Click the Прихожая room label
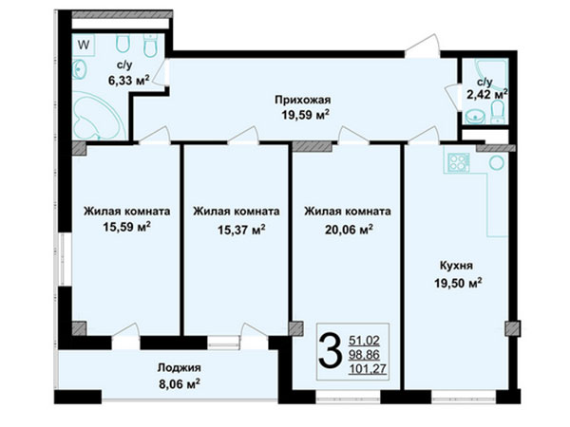point(302,100)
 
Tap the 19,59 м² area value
point(305,115)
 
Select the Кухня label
point(456,266)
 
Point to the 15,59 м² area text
point(127,228)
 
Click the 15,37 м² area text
point(241,230)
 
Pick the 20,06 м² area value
point(349,230)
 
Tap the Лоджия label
point(179,368)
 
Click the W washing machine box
point(84,45)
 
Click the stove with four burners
point(459,162)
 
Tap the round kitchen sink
point(496,163)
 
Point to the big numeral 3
point(330,351)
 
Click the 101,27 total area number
point(368,369)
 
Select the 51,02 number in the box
point(364,341)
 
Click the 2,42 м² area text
point(487,95)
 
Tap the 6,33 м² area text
point(128,81)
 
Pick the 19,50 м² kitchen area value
point(458,283)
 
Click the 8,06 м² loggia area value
point(180,383)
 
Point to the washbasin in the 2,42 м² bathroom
point(476,117)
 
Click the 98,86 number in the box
point(364,355)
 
